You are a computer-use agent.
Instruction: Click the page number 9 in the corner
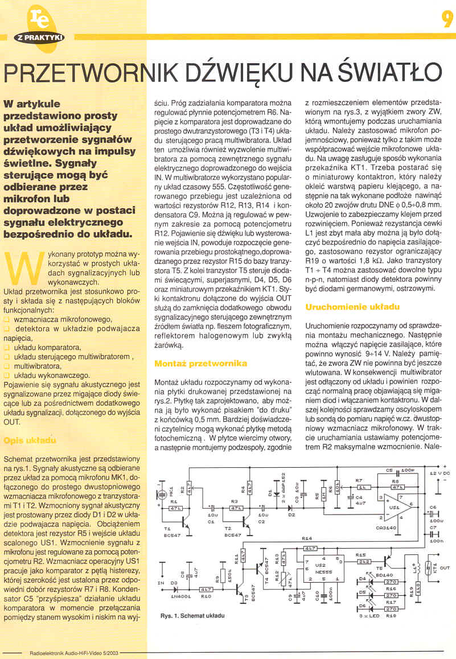point(446,19)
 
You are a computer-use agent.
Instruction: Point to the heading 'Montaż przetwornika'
point(201,363)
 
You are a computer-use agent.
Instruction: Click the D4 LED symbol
point(369,581)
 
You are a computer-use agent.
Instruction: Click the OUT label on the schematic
point(445,568)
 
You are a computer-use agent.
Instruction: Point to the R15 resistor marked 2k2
point(364,562)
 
